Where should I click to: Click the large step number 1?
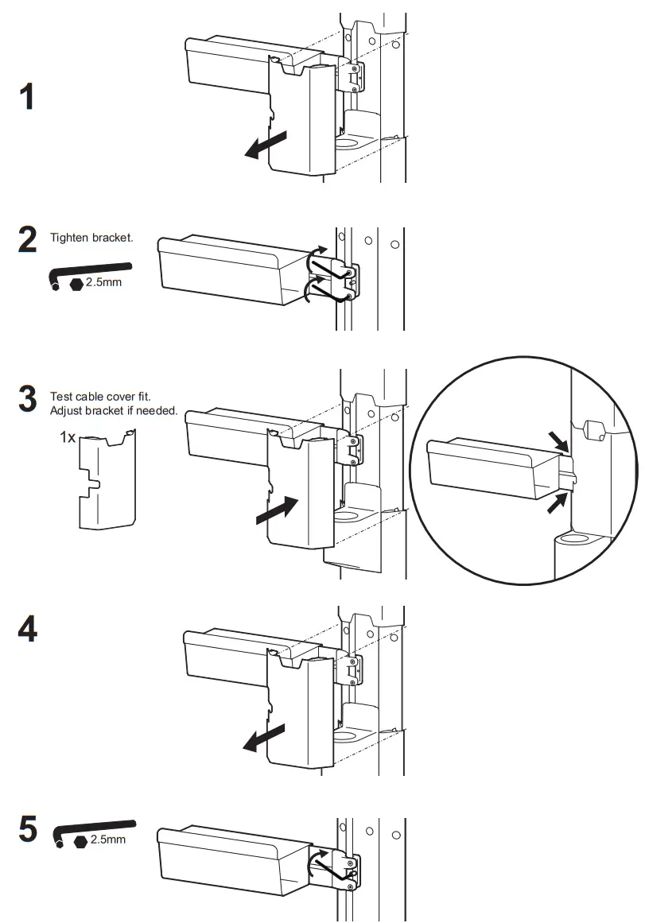(27, 97)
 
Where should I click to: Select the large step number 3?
(27, 400)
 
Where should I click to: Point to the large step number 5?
(27, 831)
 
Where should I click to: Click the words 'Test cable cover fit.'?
(100, 396)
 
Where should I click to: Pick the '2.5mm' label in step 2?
(105, 283)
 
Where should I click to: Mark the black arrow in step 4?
(264, 738)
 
